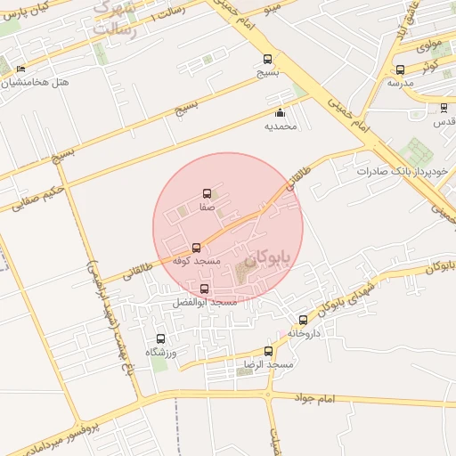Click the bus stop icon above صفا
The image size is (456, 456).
[x=208, y=192]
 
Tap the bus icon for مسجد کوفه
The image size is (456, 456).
[x=197, y=248]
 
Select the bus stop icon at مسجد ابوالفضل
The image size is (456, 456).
[x=205, y=289]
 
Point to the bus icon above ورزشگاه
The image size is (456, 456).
[x=161, y=338]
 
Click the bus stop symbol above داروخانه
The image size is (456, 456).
[x=304, y=320]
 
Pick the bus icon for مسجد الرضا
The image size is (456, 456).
[x=269, y=351]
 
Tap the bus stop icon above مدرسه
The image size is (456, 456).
[x=399, y=69]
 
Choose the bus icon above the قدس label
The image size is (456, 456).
[x=444, y=108]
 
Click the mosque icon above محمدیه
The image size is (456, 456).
[x=280, y=113]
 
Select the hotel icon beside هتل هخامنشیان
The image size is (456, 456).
[x=21, y=69]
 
